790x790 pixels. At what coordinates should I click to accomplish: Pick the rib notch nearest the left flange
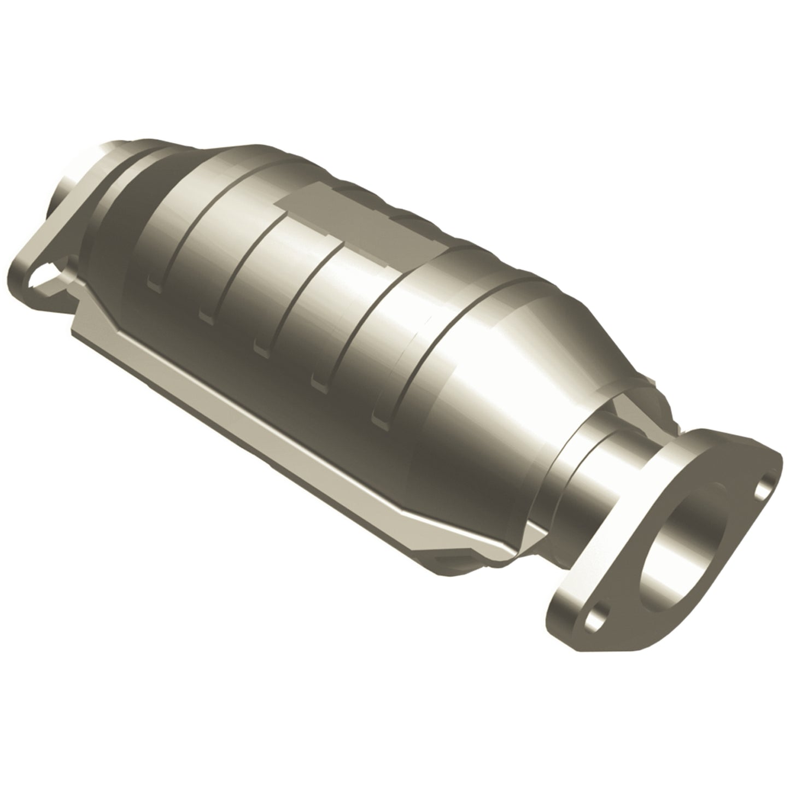155,283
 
